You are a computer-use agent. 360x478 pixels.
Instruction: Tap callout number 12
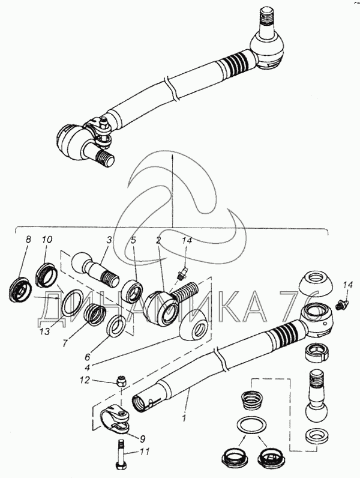pos(86,380)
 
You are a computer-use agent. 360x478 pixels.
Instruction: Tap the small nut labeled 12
pos(120,381)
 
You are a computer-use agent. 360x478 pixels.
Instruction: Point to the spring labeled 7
pos(95,313)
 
